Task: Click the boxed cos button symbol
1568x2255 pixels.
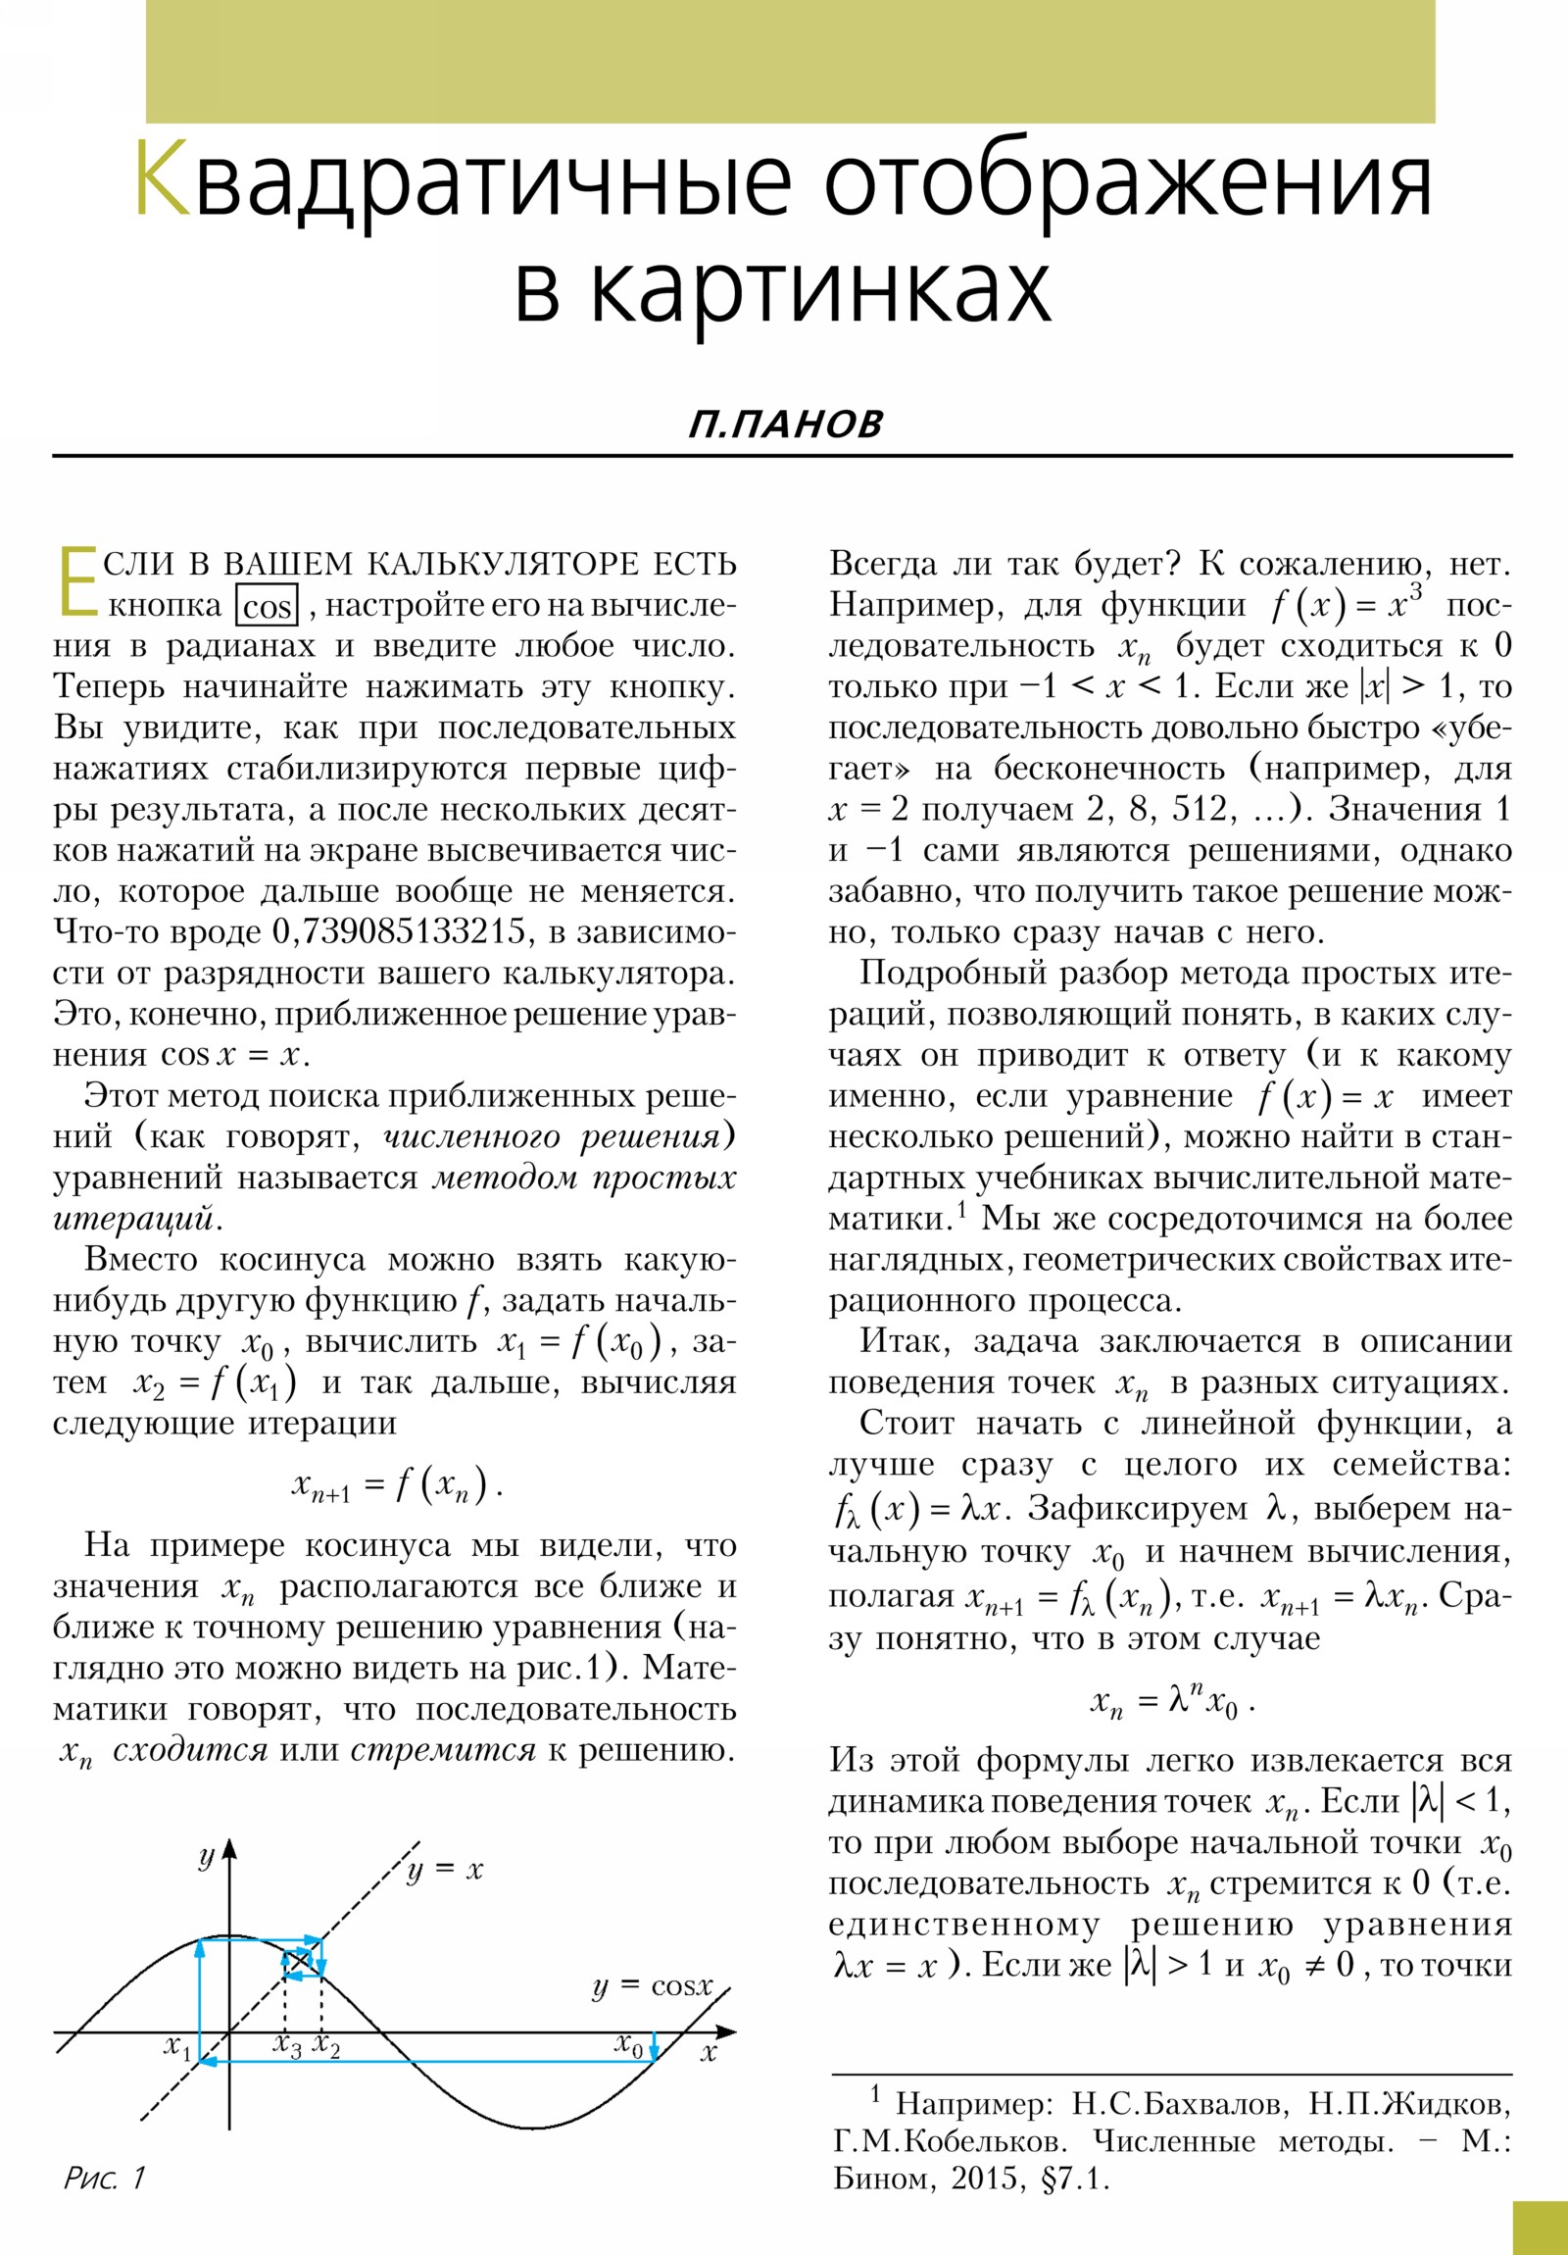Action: click(268, 606)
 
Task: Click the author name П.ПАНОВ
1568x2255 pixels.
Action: click(785, 425)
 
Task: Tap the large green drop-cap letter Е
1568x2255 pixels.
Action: click(76, 581)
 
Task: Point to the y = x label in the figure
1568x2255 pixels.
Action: click(444, 1869)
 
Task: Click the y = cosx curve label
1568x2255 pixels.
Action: click(652, 1985)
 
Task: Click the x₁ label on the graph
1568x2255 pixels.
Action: click(177, 2047)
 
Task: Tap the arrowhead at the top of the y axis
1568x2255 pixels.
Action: click(228, 1850)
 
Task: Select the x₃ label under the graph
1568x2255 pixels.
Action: click(287, 2046)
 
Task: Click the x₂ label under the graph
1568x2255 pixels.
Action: click(325, 2046)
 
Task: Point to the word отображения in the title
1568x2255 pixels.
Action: click(1127, 179)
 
